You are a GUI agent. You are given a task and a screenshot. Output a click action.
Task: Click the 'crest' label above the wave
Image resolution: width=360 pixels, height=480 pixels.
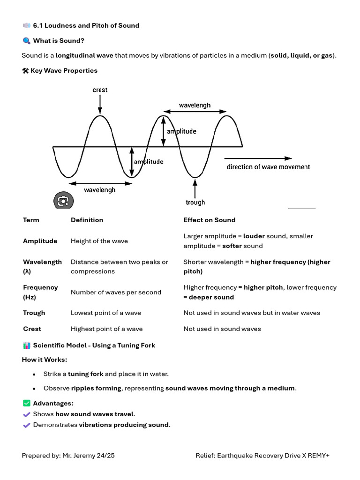click(100, 90)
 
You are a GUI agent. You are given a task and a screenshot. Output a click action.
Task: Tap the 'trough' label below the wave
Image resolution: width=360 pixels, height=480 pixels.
click(195, 202)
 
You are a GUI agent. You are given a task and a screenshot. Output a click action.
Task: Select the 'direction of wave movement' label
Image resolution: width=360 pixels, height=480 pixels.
click(268, 167)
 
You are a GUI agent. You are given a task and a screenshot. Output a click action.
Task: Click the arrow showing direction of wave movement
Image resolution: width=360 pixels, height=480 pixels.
click(258, 158)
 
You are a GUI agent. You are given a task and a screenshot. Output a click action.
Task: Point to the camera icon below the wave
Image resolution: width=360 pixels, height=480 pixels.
click(63, 201)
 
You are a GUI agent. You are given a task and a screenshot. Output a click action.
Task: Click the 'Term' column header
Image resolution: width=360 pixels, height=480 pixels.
click(31, 220)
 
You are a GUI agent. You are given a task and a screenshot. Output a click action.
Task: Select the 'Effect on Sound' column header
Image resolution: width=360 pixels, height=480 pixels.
click(209, 220)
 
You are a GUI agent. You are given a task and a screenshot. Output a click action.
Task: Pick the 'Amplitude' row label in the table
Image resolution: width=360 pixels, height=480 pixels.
click(40, 241)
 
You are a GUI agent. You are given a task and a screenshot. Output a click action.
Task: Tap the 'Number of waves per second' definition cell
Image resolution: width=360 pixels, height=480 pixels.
click(116, 292)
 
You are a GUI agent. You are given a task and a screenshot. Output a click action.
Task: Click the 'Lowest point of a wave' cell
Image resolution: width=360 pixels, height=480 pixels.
click(106, 313)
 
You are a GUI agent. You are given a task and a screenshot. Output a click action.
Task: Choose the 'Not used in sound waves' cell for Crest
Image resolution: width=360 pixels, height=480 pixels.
click(222, 329)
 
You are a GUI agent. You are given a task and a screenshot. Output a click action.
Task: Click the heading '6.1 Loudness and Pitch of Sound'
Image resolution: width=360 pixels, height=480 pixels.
click(86, 25)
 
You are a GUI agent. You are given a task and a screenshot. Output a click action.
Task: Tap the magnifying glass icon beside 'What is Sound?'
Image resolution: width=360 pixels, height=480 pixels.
click(26, 41)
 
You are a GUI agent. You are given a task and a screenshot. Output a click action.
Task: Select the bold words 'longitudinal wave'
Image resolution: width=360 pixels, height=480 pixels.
click(84, 55)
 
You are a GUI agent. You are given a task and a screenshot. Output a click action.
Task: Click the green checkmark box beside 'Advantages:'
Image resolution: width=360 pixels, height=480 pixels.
click(26, 403)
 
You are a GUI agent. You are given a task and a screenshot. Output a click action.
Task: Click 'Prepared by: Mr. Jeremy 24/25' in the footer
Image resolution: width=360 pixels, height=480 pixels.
click(68, 455)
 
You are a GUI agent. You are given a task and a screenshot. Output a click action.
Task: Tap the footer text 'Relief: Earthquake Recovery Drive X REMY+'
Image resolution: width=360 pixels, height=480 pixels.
click(262, 455)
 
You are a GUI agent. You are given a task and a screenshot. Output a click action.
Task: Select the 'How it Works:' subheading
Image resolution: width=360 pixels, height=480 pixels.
click(45, 360)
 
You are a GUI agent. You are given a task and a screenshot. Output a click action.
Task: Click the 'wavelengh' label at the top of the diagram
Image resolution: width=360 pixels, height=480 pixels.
click(195, 105)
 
